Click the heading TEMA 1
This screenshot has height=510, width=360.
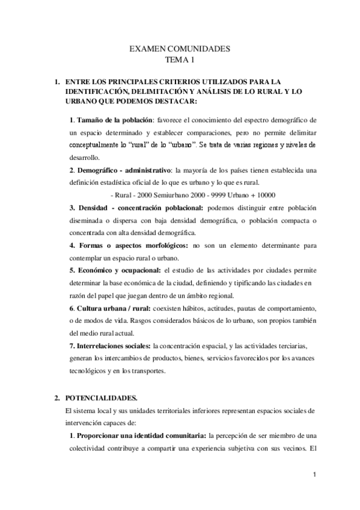tap(180, 60)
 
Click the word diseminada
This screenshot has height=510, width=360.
tap(88, 220)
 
